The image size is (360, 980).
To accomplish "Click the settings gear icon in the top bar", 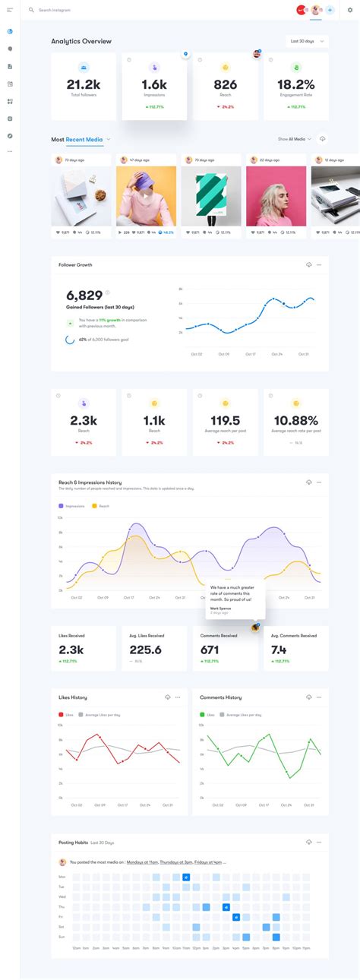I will [x=350, y=10].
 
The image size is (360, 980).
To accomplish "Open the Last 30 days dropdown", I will [x=308, y=41].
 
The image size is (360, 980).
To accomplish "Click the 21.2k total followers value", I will [x=84, y=84].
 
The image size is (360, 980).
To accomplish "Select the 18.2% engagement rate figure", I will [x=295, y=84].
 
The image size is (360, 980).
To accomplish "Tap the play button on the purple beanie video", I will [x=146, y=194].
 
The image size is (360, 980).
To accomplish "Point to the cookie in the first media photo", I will [x=100, y=195].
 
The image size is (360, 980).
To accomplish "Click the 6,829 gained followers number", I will [x=84, y=296].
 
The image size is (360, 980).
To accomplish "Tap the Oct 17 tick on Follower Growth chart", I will [x=250, y=354].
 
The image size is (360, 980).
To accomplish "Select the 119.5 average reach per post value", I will [x=225, y=420].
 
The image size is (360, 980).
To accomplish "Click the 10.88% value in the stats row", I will [x=295, y=420].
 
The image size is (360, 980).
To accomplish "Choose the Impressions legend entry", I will [x=74, y=505].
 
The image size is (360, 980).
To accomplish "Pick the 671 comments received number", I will [x=210, y=650].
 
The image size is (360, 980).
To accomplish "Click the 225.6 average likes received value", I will [x=145, y=650].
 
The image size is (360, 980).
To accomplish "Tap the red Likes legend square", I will [x=61, y=715].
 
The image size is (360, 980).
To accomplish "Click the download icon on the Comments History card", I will [x=308, y=697].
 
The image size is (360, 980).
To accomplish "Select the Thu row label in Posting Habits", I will [x=62, y=907].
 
